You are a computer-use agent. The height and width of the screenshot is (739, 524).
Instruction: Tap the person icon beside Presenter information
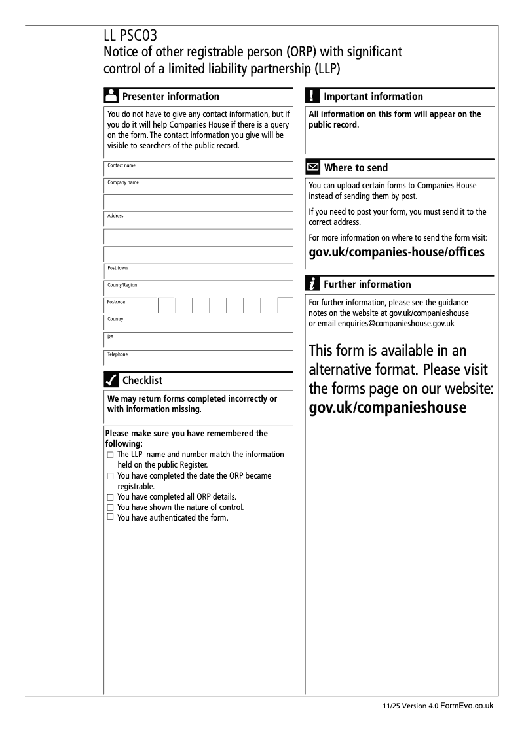coord(111,96)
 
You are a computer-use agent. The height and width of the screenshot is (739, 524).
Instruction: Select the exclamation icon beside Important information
coord(312,96)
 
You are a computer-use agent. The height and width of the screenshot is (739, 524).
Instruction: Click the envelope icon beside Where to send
coord(313,168)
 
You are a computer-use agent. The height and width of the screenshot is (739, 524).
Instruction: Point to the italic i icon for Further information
coord(313,284)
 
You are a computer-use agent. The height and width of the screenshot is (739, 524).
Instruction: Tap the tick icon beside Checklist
coord(111,380)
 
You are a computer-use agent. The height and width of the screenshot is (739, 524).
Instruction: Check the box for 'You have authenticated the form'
coord(110,517)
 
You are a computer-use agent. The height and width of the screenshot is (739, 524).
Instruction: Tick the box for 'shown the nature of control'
coord(110,507)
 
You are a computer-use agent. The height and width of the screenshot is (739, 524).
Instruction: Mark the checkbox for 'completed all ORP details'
coord(110,497)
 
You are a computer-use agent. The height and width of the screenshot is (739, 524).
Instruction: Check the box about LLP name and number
coord(110,455)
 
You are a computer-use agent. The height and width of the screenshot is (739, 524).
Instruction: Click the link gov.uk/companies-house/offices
coord(396,252)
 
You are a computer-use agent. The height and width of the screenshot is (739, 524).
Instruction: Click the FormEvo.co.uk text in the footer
coord(467,706)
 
